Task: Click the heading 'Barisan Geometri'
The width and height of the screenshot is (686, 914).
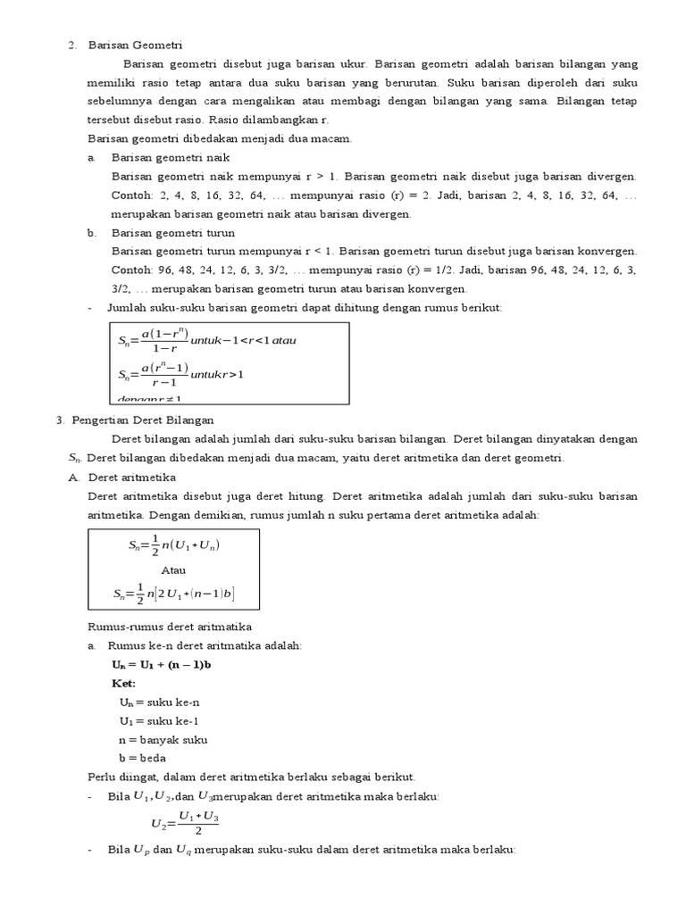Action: pos(135,45)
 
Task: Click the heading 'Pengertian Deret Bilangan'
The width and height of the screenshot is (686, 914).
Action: pos(142,420)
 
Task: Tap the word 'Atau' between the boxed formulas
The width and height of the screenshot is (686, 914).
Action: pos(174,569)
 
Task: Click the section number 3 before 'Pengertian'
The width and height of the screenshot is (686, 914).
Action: pos(58,420)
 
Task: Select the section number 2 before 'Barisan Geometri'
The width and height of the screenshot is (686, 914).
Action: pos(71,45)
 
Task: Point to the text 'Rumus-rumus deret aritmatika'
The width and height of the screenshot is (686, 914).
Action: pos(171,627)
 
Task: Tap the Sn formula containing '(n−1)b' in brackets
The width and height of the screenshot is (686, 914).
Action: pos(174,594)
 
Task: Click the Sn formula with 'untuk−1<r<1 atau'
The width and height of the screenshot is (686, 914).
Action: pos(206,340)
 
